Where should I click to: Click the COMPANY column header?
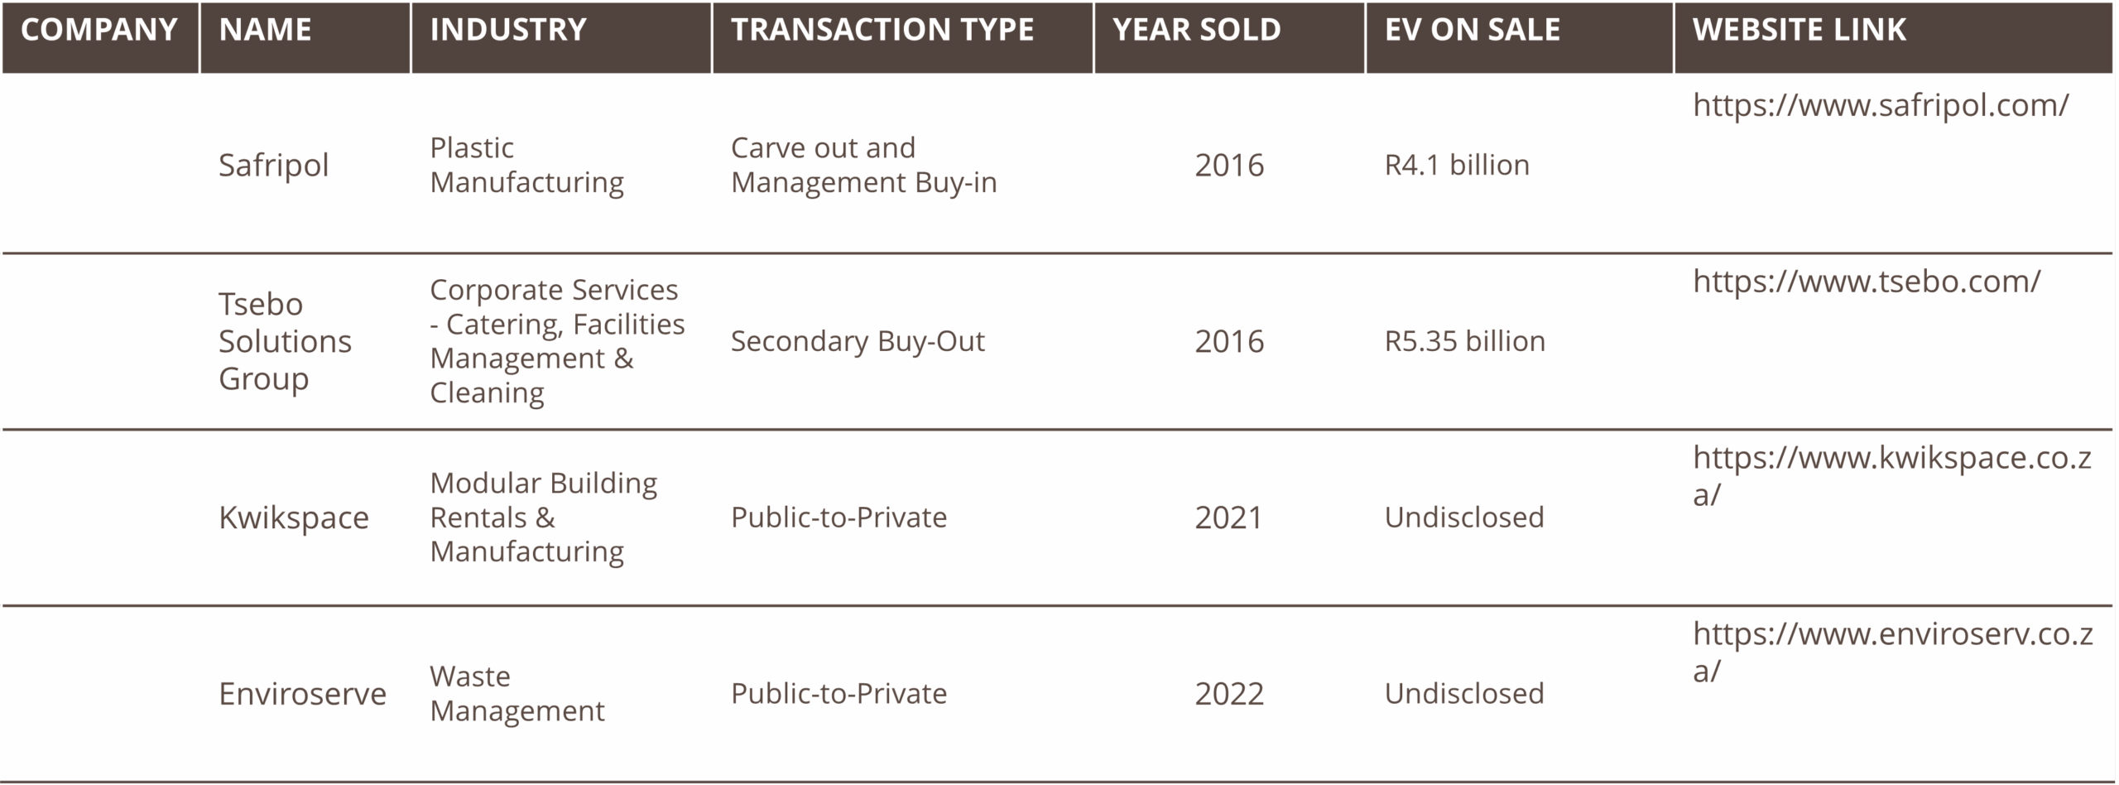point(99,31)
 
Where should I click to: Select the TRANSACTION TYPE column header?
point(882,31)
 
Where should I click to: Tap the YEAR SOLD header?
point(1196,31)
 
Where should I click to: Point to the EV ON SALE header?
point(1473,31)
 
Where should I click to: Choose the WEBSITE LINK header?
point(1799,31)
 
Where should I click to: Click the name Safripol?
point(273,166)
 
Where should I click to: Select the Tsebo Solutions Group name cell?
point(285,341)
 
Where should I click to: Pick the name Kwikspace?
point(293,518)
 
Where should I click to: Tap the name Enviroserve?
point(302,694)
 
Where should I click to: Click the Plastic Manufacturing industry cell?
point(526,165)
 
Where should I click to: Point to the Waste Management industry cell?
point(517,693)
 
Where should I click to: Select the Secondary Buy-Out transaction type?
point(858,341)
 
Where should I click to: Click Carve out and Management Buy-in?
point(863,165)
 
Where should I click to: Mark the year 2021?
point(1228,518)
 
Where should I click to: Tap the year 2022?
point(1229,694)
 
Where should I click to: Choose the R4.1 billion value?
point(1457,165)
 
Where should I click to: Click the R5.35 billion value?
point(1464,341)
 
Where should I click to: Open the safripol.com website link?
point(1881,105)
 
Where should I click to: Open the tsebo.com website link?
point(1867,282)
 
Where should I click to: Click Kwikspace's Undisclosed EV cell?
point(1463,518)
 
